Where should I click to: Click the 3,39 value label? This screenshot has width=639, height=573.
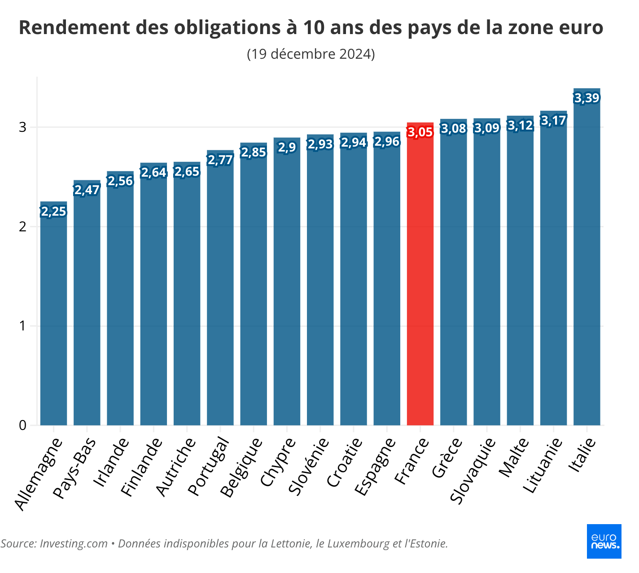click(x=586, y=98)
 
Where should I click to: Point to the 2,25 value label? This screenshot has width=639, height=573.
click(x=53, y=211)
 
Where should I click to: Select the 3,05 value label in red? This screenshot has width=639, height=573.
click(x=420, y=132)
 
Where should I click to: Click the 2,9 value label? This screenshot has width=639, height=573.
click(x=287, y=147)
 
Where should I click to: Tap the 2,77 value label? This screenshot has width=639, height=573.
click(x=220, y=160)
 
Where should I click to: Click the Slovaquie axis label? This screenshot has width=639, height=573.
click(x=473, y=471)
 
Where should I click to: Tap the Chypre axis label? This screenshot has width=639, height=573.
click(x=279, y=462)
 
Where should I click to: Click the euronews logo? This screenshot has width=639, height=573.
click(x=604, y=541)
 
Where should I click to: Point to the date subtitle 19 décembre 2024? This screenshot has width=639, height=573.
click(x=311, y=54)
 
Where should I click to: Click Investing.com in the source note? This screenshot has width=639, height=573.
click(x=74, y=544)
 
